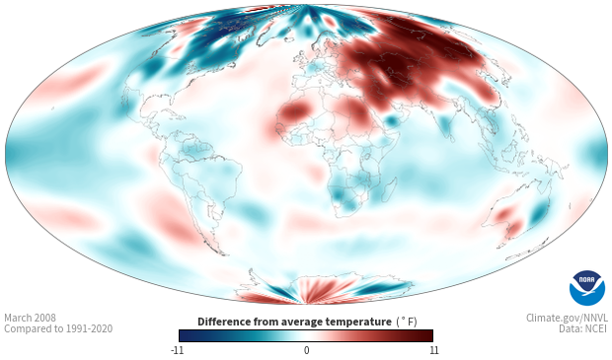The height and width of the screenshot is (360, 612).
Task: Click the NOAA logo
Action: (x=587, y=288)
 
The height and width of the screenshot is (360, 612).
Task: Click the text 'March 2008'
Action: (x=30, y=318)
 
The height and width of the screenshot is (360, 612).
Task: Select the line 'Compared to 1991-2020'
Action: (x=58, y=328)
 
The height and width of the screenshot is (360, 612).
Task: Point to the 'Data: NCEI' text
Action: (x=583, y=328)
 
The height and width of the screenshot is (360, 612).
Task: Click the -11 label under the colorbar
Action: (x=177, y=350)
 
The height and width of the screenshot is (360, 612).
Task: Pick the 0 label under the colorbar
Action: (x=306, y=350)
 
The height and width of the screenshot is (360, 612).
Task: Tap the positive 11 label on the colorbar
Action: (x=434, y=350)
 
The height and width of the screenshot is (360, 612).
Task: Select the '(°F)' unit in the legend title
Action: (x=407, y=322)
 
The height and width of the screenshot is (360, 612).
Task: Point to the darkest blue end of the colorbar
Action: (x=181, y=335)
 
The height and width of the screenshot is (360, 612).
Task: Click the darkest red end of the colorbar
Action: (x=431, y=335)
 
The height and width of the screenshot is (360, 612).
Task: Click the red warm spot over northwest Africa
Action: (x=295, y=110)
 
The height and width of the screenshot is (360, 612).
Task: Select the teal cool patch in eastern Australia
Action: (x=539, y=211)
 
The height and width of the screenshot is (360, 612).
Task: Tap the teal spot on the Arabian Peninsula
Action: (x=392, y=120)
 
